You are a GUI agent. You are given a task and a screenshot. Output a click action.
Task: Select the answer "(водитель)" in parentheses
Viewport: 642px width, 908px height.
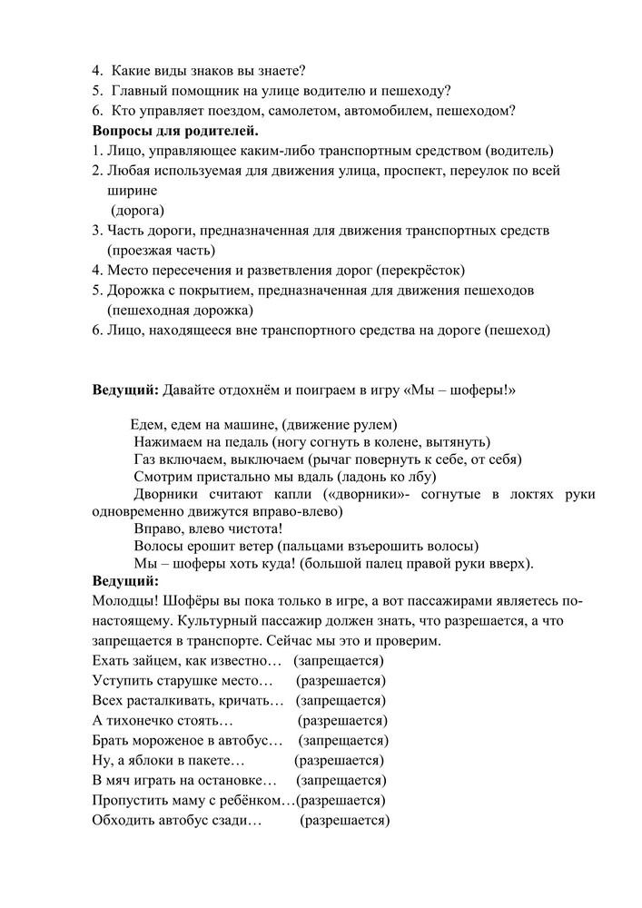(519, 151)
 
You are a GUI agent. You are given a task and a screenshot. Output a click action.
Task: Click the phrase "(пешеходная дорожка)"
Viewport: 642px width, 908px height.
(179, 311)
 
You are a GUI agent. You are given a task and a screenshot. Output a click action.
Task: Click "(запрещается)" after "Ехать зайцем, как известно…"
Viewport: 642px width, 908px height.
(339, 660)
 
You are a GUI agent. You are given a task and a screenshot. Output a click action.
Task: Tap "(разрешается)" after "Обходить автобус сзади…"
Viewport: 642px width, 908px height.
(345, 820)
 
